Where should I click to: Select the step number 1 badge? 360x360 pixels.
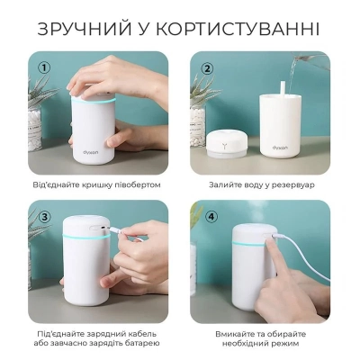click(43, 67)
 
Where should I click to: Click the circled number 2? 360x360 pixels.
click(207, 67)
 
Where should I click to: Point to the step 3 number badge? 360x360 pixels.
click(43, 216)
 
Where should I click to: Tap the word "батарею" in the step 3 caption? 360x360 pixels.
click(138, 344)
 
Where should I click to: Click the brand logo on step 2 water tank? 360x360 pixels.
click(281, 142)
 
